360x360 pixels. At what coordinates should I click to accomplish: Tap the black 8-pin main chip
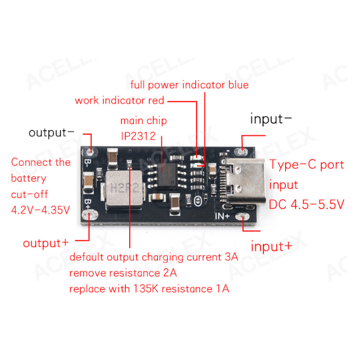pos(167,175)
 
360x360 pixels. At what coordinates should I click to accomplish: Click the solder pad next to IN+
pos(243,216)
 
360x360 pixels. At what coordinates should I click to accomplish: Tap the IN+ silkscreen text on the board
pos(222,216)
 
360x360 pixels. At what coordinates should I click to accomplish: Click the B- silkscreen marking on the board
pos(87,163)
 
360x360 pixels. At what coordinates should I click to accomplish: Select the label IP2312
pos(138,136)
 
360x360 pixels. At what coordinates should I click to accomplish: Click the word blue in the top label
pos(238,85)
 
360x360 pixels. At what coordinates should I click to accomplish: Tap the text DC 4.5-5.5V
pos(306,204)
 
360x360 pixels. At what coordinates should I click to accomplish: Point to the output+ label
pos(46,243)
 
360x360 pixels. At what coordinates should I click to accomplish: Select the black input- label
pos(271,119)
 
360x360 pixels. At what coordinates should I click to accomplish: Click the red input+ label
pos(271,246)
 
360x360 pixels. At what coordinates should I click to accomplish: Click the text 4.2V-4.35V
pos(40,210)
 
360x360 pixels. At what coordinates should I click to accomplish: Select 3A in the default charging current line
pos(231,257)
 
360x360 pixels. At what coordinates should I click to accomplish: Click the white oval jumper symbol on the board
pos(198,201)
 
